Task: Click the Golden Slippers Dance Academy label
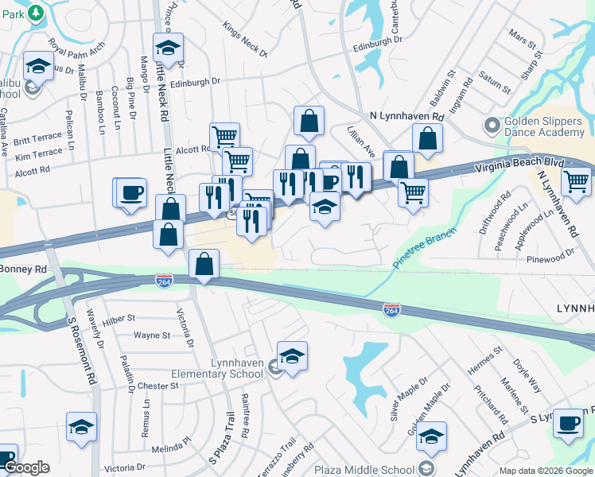click(x=545, y=132)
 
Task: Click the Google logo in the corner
click(x=26, y=467)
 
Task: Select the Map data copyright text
click(x=545, y=471)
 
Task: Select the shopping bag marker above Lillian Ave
click(x=309, y=121)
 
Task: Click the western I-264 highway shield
click(x=163, y=281)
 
